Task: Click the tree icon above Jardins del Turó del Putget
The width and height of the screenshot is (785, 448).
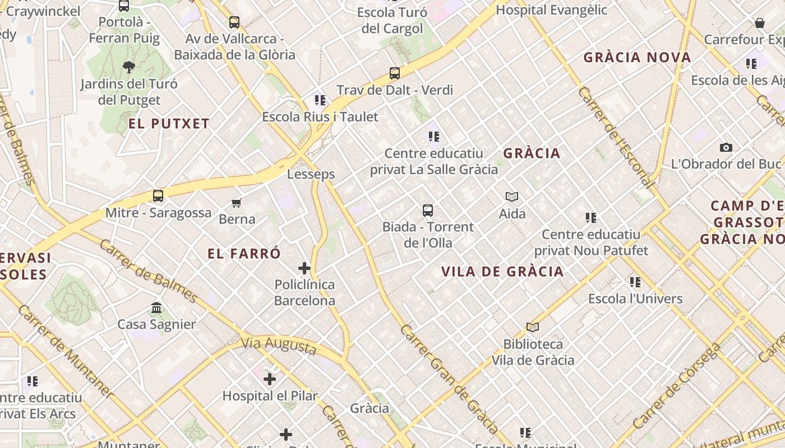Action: click(129, 68)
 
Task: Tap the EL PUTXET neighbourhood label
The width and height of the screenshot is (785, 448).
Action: click(169, 124)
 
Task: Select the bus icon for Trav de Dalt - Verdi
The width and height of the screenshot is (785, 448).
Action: click(395, 73)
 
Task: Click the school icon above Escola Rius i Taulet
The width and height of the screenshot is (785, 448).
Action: click(320, 101)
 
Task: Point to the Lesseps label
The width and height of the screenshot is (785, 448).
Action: click(311, 174)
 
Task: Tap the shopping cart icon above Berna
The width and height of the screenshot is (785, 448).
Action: click(237, 203)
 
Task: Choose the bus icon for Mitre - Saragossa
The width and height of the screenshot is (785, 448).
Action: click(158, 196)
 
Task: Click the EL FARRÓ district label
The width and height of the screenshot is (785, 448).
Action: click(244, 254)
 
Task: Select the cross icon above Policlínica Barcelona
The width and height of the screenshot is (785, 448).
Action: click(304, 269)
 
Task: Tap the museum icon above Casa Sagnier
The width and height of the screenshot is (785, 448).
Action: click(156, 308)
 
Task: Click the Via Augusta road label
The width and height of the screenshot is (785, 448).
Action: click(279, 345)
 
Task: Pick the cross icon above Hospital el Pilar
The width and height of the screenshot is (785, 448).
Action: click(270, 380)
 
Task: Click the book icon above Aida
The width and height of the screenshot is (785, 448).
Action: click(512, 197)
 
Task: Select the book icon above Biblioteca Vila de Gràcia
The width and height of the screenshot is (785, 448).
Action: click(533, 328)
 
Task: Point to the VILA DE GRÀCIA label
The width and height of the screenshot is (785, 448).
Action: click(502, 272)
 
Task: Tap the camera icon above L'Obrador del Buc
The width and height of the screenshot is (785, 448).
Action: click(726, 148)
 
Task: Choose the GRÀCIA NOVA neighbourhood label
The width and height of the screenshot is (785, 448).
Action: click(638, 58)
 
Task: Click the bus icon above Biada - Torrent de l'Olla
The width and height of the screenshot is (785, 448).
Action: click(428, 211)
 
